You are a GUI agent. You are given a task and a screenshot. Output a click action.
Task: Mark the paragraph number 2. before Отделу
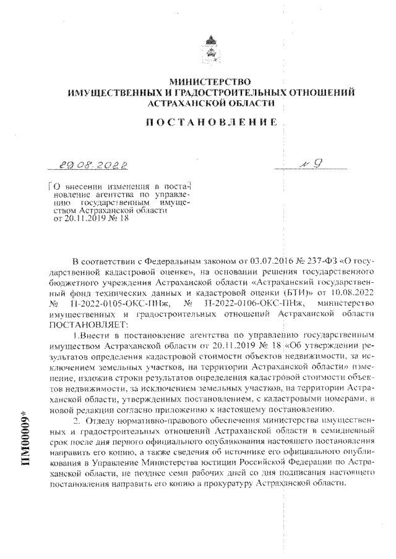(x=76, y=420)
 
